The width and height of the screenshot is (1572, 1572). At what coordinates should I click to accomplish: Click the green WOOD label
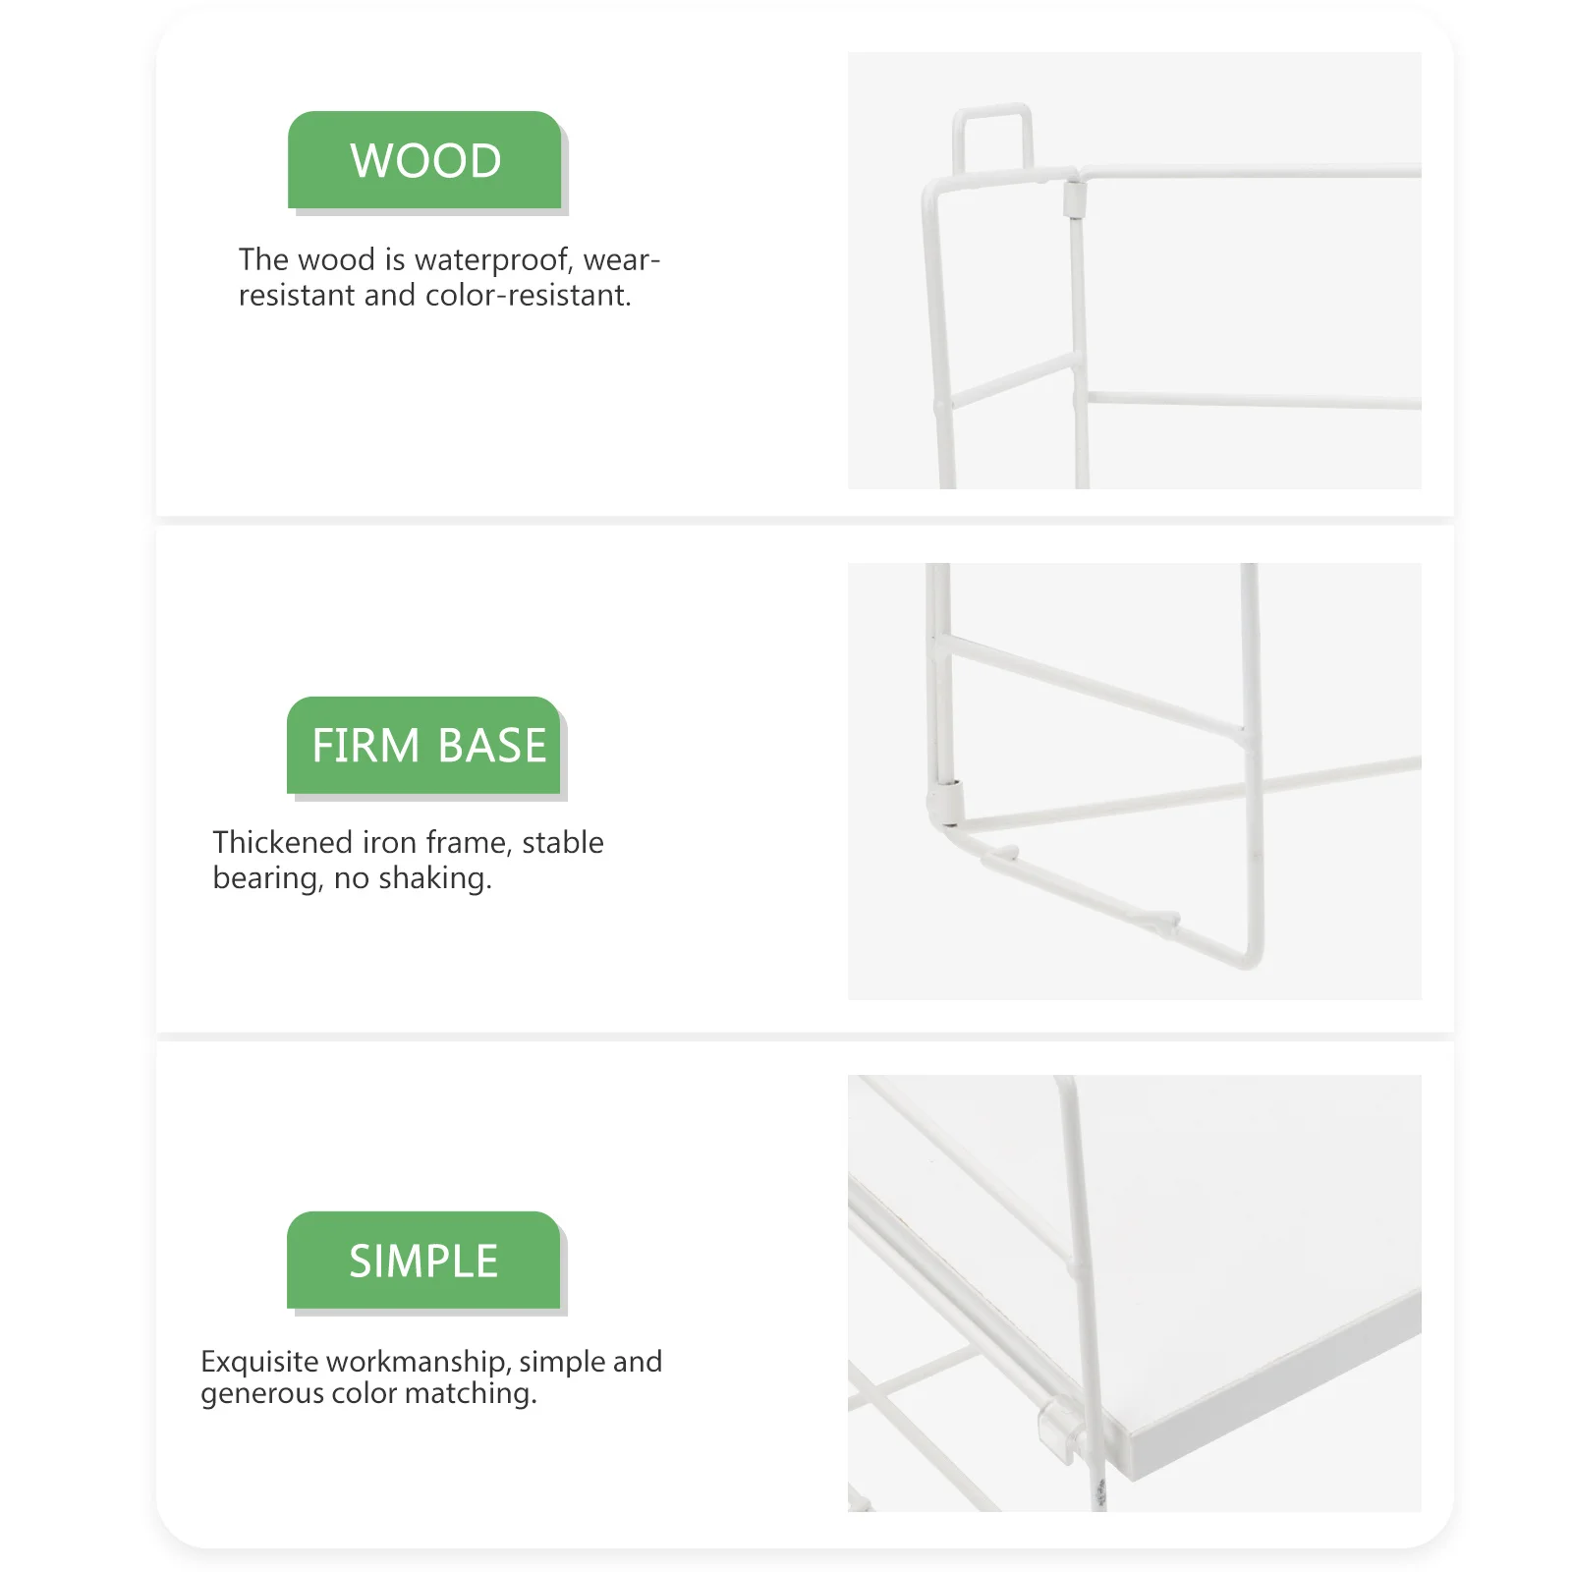click(x=424, y=160)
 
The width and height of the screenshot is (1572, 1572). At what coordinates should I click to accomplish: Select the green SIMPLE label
click(x=424, y=1261)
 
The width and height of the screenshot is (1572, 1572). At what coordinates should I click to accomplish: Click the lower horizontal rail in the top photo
click(x=1253, y=400)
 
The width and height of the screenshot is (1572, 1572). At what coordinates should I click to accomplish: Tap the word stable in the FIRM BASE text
click(x=562, y=843)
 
